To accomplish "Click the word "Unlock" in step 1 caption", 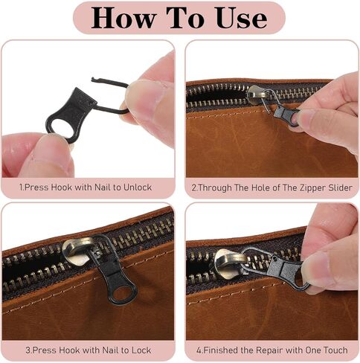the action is tap(138, 187).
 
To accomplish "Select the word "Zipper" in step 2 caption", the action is tap(308, 187).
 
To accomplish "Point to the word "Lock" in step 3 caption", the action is tap(141, 350).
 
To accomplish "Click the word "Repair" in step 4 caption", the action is tap(269, 350).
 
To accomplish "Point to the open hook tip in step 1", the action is tap(93, 80).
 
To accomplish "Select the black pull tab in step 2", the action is tap(288, 116).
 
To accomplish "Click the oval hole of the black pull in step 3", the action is tap(123, 293).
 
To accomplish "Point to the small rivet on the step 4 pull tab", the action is tap(275, 260).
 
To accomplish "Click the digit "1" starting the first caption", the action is tap(21, 187).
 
